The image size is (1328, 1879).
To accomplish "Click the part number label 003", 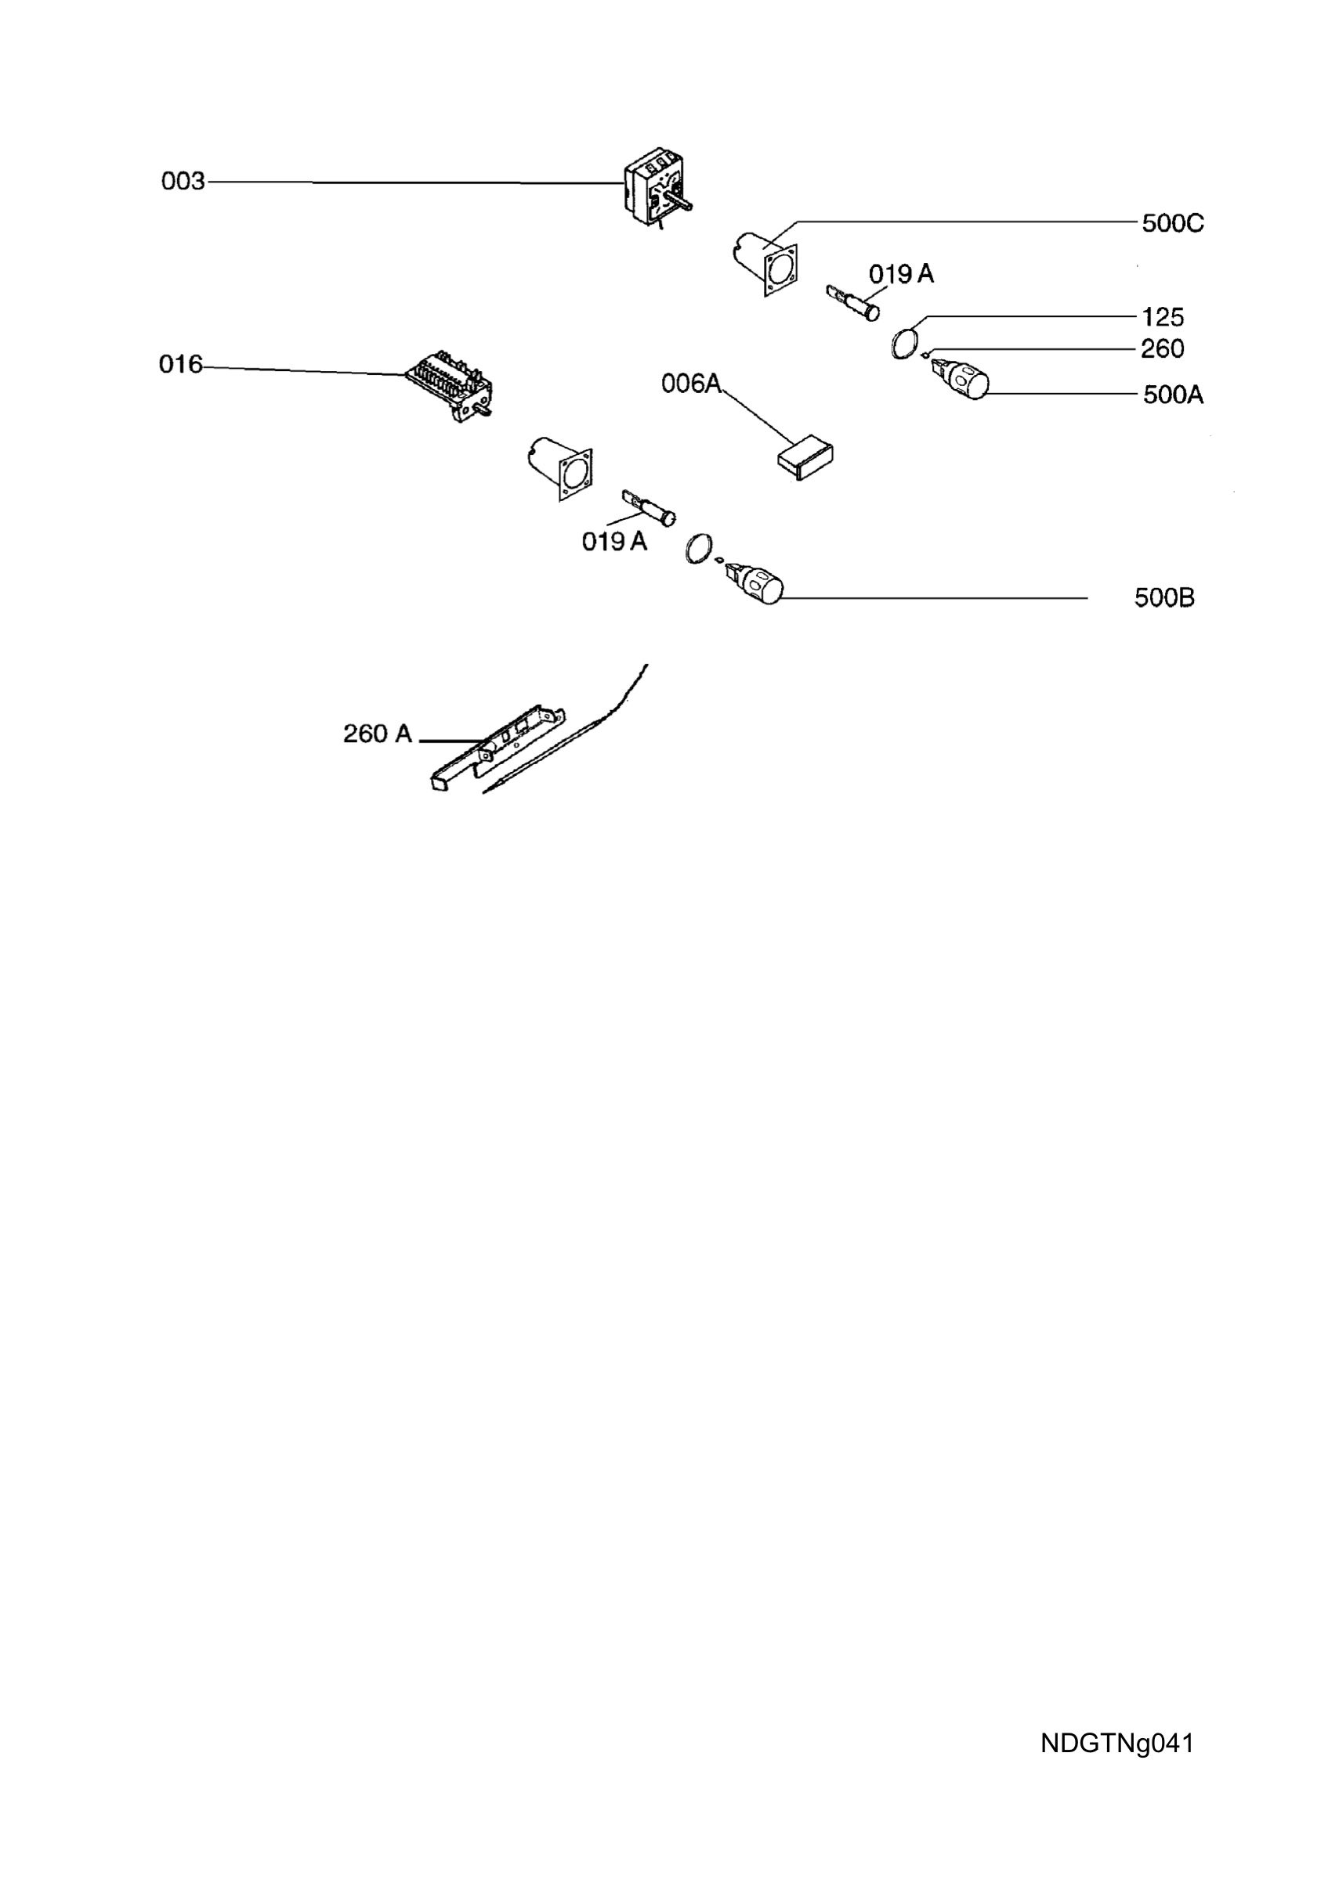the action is tap(183, 181).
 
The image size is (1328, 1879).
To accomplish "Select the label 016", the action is tap(180, 364).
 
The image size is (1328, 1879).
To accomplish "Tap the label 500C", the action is tap(1172, 223).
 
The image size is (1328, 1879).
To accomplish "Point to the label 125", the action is tap(1163, 317).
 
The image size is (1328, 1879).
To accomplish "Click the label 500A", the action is tap(1173, 395).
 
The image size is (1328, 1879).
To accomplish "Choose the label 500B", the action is tap(1164, 598).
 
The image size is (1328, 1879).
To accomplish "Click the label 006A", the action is tap(692, 383).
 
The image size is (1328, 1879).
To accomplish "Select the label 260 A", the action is tap(378, 734).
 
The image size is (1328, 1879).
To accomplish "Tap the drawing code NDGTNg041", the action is tap(1116, 1743).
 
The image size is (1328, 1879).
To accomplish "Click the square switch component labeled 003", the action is tap(657, 186).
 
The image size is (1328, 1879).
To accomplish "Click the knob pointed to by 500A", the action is tap(960, 377).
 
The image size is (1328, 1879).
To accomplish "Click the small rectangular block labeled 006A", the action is tap(805, 456).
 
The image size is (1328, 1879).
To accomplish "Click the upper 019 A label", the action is tap(902, 273).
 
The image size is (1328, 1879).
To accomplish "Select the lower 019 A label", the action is tap(615, 541).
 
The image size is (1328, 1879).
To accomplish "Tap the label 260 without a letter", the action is tap(1163, 348).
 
